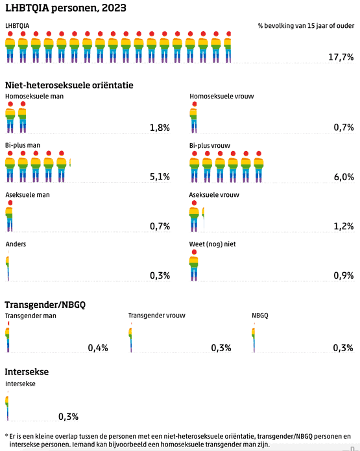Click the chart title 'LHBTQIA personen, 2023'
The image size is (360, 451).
66,8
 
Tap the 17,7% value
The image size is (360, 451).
341,57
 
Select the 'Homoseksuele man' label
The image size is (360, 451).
34,97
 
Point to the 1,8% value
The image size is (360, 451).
160,128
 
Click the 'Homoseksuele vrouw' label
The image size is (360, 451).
221,97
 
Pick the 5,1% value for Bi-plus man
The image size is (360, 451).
160,177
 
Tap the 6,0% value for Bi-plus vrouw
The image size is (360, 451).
344,177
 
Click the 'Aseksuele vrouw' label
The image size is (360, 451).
214,195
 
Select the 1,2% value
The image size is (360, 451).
344,226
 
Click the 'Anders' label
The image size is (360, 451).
16,244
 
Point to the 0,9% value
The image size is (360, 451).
344,275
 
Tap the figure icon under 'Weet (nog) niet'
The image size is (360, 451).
194,265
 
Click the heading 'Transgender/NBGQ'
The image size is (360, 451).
45,305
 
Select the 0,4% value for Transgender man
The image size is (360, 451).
98,348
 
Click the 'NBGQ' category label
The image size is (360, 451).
259,316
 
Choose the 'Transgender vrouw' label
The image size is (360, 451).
157,316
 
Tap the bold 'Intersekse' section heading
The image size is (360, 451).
27,371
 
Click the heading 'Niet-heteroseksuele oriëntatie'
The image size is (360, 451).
69,86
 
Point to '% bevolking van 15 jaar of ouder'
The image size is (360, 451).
306,26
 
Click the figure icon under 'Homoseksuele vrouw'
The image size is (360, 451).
193,117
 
